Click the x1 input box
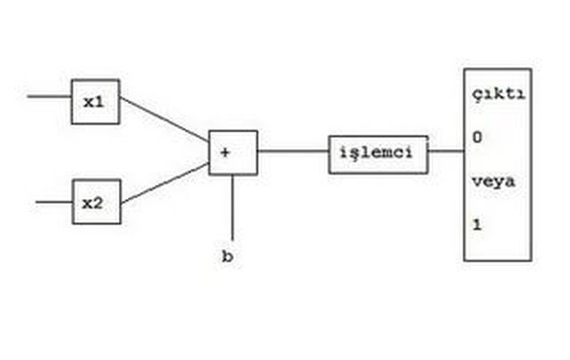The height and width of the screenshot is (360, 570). click(95, 102)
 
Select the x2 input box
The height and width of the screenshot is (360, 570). click(96, 202)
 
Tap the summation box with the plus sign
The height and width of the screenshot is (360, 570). click(232, 153)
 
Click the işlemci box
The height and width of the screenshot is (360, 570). click(378, 154)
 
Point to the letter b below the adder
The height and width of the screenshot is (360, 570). click(227, 257)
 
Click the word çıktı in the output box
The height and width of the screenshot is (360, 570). click(498, 96)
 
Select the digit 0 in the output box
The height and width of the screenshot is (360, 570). click(477, 138)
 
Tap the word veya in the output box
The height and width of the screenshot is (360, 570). click(492, 182)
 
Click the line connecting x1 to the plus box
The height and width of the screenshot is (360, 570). click(164, 118)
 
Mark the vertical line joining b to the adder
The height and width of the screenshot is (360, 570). click(232, 207)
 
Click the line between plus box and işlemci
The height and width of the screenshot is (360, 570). click(292, 151)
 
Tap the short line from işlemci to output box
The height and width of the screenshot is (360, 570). click(446, 151)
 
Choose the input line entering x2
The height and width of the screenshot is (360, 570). click(53, 202)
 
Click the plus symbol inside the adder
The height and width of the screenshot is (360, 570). click(225, 152)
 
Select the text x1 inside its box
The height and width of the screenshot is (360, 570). click(93, 102)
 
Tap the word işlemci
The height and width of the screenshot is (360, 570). click(377, 153)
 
